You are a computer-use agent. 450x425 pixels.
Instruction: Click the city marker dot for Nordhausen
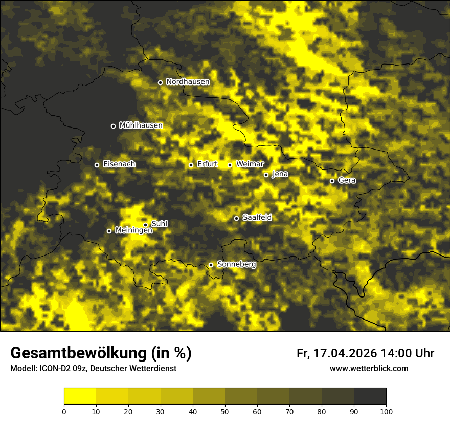[160, 82]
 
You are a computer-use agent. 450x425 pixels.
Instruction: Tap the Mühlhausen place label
[141, 125]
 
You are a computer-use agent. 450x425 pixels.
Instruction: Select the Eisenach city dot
[97, 165]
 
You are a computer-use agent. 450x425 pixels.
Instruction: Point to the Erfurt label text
[207, 164]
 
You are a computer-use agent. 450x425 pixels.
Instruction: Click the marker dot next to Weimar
[230, 165]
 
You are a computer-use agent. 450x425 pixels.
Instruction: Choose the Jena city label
[280, 174]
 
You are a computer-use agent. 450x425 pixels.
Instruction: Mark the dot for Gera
[332, 181]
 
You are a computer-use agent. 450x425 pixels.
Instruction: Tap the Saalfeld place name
[257, 218]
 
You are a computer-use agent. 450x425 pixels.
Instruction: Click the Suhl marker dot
[145, 225]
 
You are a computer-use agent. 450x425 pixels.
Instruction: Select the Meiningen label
[133, 231]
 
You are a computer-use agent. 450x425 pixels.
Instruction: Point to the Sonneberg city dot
[211, 265]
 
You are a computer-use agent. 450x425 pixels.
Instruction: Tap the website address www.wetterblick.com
[369, 369]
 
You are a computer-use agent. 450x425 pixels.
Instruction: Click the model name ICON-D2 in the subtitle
[54, 369]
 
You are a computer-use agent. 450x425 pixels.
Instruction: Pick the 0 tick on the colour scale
[64, 411]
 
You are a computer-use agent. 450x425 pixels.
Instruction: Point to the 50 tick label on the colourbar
[225, 411]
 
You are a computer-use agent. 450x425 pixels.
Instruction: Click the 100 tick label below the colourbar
[386, 411]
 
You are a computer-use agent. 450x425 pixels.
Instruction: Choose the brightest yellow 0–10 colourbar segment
[80, 396]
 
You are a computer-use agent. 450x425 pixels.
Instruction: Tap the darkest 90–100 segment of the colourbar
[370, 396]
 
